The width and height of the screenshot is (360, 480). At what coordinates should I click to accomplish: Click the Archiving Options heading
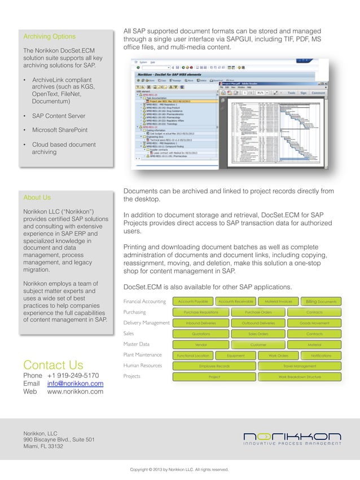point(49,37)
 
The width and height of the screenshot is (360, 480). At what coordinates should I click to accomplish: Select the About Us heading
point(37,197)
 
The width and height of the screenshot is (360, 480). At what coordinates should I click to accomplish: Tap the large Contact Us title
point(53,364)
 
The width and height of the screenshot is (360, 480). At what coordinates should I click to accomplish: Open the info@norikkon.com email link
point(75,384)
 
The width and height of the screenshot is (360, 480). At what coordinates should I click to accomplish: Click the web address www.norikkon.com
point(75,391)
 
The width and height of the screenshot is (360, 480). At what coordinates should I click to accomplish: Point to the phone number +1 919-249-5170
point(73,376)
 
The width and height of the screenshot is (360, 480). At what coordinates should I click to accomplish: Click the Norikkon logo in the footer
point(292,438)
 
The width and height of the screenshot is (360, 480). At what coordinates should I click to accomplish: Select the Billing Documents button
point(321,302)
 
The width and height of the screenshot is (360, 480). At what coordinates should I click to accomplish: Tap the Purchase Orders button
point(258,312)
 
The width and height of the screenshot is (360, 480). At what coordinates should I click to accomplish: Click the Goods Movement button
point(314,323)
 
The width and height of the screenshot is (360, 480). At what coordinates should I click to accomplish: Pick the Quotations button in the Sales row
point(200,334)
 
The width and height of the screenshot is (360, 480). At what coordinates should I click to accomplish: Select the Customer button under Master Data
point(258,345)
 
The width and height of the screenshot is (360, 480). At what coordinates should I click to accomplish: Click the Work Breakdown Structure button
point(300,377)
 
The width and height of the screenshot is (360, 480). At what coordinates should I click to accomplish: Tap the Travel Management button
point(300,366)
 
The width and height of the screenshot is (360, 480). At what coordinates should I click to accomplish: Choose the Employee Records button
point(214,366)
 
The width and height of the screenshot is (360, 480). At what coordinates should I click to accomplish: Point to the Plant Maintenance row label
point(142,355)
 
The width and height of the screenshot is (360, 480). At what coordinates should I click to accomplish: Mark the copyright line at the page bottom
point(179,469)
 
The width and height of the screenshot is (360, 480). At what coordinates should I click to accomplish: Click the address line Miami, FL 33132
point(43,446)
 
